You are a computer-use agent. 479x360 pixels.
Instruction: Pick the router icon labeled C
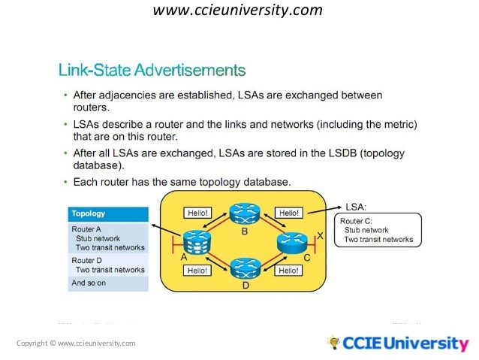pos(293,242)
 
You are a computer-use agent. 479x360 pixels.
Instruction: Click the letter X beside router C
pos(320,236)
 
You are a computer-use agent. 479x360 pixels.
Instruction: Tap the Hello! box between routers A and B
pos(197,213)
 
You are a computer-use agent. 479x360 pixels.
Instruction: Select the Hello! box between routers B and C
pos(288,213)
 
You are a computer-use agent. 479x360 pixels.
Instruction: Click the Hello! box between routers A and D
pos(197,270)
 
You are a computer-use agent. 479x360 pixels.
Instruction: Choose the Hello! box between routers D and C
pos(288,270)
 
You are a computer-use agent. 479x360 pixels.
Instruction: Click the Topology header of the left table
pos(89,213)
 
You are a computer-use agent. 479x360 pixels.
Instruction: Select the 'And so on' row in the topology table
pos(89,283)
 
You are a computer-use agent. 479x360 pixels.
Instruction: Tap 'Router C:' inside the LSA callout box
pos(357,222)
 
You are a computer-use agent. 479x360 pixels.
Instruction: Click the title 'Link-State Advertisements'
pos(152,71)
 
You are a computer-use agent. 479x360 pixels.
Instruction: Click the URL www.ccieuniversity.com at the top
pos(237,11)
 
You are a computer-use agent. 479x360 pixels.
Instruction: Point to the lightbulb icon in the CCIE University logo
pos(333,343)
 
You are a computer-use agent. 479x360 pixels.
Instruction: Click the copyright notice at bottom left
pos(76,343)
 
